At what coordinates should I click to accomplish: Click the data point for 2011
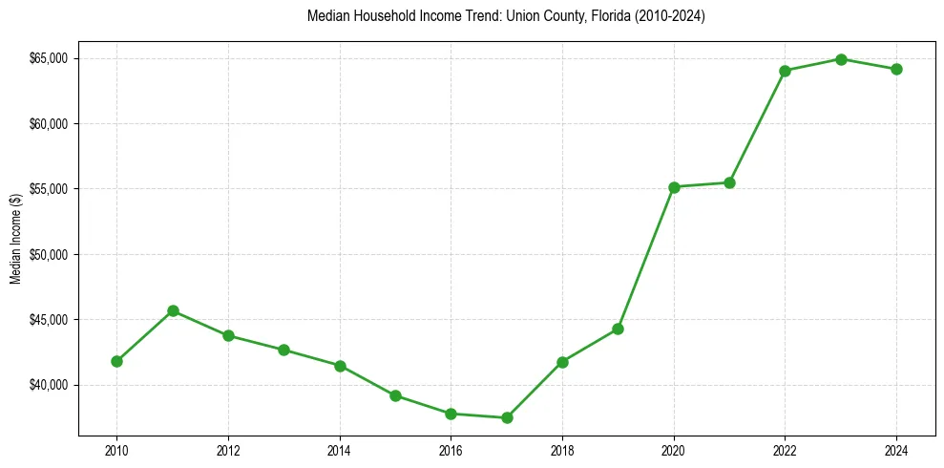click(173, 310)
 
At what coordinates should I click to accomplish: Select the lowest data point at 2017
click(507, 417)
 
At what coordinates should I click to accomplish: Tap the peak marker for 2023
click(841, 59)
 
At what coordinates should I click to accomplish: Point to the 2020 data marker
click(674, 187)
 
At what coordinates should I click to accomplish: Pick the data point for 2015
click(395, 395)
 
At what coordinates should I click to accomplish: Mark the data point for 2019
click(619, 329)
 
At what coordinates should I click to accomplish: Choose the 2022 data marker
click(786, 71)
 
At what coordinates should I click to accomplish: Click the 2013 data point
click(283, 350)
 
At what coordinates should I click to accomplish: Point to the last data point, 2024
click(896, 69)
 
